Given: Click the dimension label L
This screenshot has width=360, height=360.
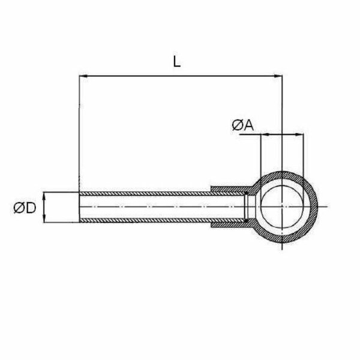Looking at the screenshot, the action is pyautogui.click(x=176, y=62).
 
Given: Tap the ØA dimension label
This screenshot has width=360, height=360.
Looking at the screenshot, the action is pyautogui.click(x=242, y=125).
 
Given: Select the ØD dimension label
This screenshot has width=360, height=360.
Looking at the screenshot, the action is pyautogui.click(x=25, y=208).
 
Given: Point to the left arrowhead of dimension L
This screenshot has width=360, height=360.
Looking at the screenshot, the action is pyautogui.click(x=83, y=76).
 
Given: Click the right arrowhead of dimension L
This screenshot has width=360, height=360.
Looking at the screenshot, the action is pyautogui.click(x=278, y=76).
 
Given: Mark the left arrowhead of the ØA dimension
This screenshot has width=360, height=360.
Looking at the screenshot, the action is pyautogui.click(x=265, y=134).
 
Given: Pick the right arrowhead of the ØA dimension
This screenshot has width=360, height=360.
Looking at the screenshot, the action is pyautogui.click(x=299, y=134).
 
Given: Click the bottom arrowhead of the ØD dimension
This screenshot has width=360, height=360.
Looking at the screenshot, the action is pyautogui.click(x=44, y=218).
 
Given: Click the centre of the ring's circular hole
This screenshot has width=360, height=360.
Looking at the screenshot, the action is pyautogui.click(x=282, y=207).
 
